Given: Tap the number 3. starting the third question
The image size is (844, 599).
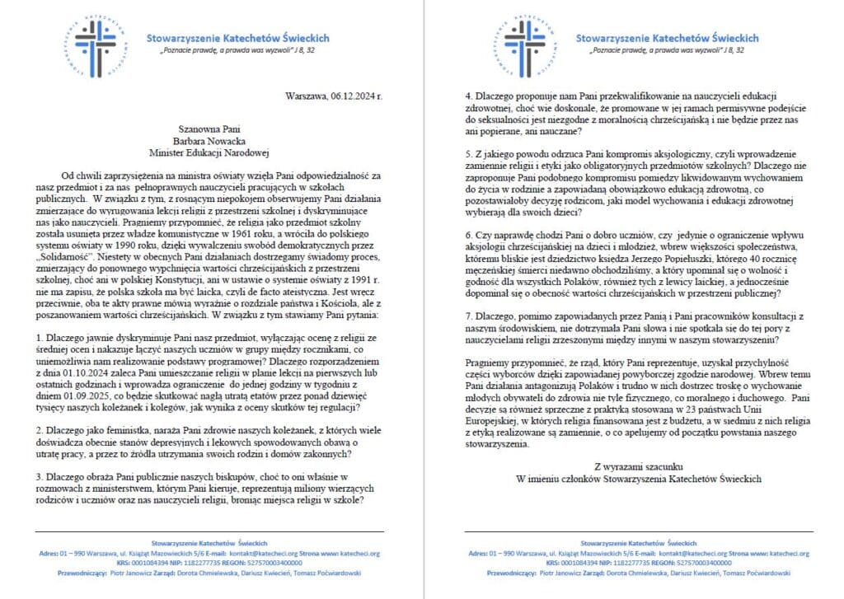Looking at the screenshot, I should tap(41, 476).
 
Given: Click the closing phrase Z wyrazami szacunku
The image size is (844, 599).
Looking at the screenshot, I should tap(639, 466).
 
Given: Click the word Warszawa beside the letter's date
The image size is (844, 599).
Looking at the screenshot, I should tap(307, 96).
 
